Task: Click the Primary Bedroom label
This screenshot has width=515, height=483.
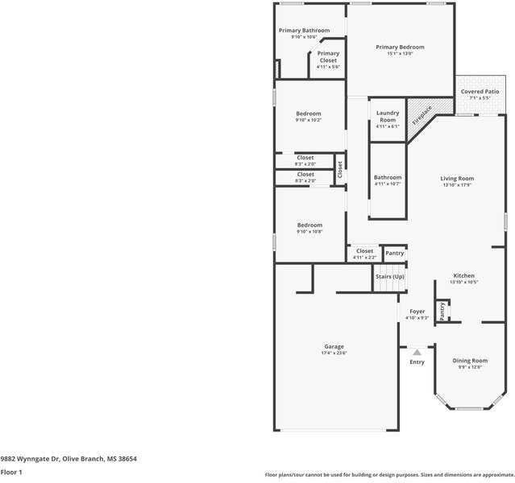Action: coord(400,47)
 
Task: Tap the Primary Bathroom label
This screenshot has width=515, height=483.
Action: coord(304,31)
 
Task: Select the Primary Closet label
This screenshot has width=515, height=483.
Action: coord(328,54)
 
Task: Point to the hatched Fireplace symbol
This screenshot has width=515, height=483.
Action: coord(421,114)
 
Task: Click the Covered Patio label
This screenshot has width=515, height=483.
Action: coord(480,92)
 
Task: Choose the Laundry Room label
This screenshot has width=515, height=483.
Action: coord(388,117)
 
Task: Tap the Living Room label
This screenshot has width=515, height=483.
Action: coord(456,178)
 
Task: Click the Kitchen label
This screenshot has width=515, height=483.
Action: coord(463,275)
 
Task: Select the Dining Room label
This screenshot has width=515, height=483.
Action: coord(469,361)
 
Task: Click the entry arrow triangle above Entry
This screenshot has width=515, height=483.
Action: coord(417,353)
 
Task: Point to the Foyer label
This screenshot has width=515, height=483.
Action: coord(417,312)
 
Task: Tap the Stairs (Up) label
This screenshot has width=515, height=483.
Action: coord(390,276)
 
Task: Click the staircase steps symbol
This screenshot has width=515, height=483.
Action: coord(389,287)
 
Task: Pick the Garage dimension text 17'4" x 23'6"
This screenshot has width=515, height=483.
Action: coord(334,353)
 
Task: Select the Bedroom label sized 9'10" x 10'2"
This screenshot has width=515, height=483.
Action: coord(308,114)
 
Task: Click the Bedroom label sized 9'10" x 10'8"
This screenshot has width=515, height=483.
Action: coord(309,225)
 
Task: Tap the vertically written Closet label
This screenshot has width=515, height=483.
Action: coord(340,170)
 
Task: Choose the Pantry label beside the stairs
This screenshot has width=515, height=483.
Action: coord(394,254)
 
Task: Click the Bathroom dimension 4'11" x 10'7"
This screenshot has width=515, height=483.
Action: coord(388,184)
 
